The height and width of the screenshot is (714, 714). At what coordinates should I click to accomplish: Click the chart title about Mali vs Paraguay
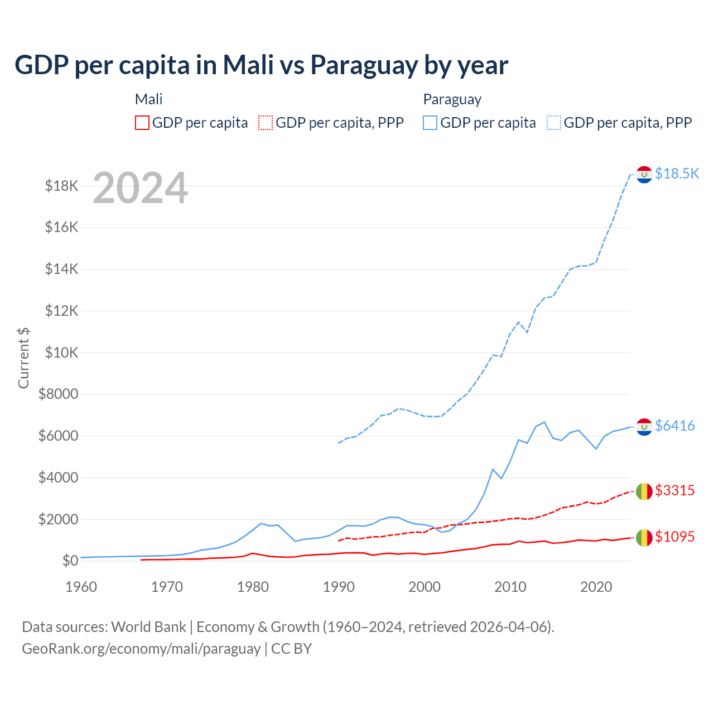261,65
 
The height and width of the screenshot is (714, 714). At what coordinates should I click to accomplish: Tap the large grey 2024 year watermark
140,188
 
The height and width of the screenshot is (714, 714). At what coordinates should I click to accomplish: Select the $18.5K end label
677,173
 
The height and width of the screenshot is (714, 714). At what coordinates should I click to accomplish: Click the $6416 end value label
674,426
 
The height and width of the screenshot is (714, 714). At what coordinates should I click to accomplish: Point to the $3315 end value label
674,490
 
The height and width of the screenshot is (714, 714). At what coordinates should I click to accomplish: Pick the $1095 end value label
674,537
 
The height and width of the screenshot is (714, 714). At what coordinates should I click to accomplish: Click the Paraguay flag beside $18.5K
644,175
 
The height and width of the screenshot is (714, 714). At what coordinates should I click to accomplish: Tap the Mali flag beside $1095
644,538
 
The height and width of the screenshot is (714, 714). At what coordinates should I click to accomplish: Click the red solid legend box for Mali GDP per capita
142,123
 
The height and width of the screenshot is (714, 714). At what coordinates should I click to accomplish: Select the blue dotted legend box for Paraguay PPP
554,123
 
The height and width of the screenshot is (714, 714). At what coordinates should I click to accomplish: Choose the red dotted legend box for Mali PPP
266,123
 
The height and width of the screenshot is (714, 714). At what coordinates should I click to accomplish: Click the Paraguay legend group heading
452,99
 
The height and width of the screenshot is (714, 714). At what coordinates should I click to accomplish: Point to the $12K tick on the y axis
61,311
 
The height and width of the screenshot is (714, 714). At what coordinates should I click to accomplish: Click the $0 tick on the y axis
70,561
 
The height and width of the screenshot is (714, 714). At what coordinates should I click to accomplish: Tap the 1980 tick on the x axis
253,587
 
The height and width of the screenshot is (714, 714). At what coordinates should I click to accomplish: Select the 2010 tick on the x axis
510,587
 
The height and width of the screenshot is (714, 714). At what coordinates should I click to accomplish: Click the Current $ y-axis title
23,358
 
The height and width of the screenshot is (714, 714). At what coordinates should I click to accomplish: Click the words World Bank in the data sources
148,627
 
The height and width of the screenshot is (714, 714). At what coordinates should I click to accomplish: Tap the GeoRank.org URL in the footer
141,649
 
